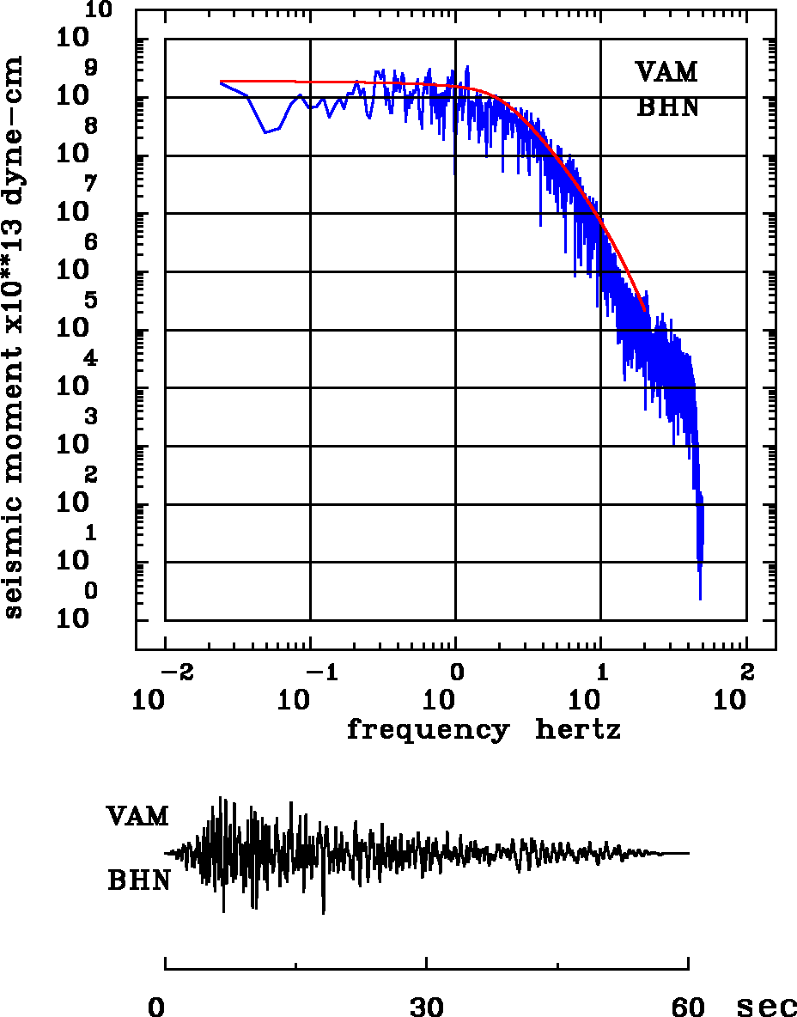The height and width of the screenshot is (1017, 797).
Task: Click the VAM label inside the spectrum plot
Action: (x=666, y=72)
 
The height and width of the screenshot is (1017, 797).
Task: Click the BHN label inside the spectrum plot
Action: (x=667, y=108)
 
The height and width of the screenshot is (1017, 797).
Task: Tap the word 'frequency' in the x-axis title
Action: (x=427, y=730)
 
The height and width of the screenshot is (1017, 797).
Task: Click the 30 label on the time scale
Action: (x=427, y=1006)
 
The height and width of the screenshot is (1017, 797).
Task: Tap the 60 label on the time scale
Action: (x=689, y=1006)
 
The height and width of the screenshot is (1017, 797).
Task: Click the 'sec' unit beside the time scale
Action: (x=766, y=1006)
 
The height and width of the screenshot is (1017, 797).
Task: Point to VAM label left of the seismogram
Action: (x=137, y=816)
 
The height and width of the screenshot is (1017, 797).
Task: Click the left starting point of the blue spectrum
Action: (x=222, y=82)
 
